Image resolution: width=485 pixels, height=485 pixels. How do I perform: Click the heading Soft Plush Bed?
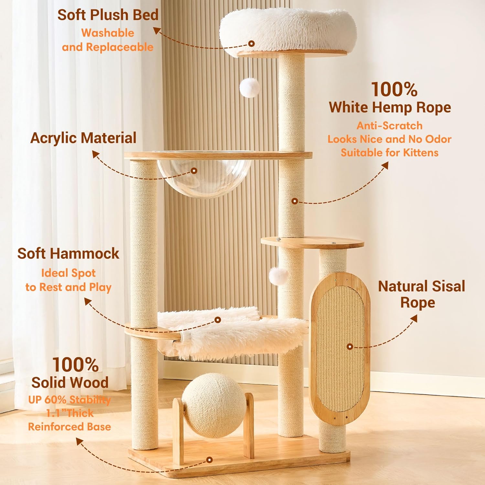pyautogui.click(x=108, y=15)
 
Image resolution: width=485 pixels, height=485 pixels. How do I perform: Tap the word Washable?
pyautogui.click(x=108, y=33)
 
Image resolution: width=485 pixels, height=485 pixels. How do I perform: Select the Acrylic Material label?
pyautogui.click(x=83, y=138)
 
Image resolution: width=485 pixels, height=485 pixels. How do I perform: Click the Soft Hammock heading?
pyautogui.click(x=68, y=253)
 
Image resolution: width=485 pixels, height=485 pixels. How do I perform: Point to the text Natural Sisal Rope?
pyautogui.click(x=421, y=294)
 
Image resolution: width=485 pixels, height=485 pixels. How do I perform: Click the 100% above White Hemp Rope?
pyautogui.click(x=394, y=89)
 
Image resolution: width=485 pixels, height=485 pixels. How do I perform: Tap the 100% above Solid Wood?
pyautogui.click(x=76, y=365)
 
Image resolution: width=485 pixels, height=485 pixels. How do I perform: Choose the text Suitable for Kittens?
pyautogui.click(x=390, y=153)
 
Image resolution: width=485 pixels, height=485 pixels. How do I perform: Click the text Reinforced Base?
pyautogui.click(x=70, y=427)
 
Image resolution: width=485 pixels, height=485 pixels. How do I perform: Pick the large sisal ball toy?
pyautogui.click(x=213, y=405)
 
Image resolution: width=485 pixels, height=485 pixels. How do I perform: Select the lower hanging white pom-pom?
pyautogui.click(x=278, y=276)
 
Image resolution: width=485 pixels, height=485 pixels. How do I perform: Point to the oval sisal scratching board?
pyautogui.click(x=340, y=348)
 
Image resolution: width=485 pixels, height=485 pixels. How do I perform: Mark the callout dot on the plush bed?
pyautogui.click(x=252, y=43)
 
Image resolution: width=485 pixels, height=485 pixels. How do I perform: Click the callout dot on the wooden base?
pyautogui.click(x=210, y=459)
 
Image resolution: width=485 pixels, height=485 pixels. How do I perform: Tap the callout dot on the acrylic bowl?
pyautogui.click(x=194, y=171)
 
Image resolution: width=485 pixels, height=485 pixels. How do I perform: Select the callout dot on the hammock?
pyautogui.click(x=218, y=320)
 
